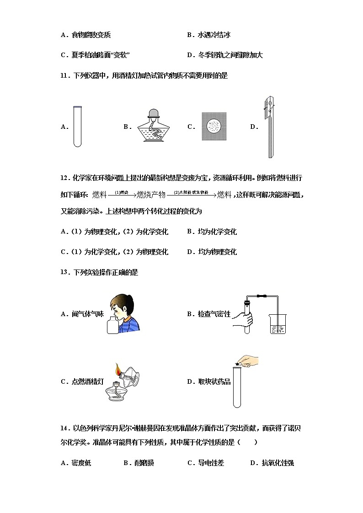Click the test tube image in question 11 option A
(x=77, y=127)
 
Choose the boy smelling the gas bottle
(x=123, y=314)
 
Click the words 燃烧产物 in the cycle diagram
(x=152, y=195)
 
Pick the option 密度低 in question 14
(x=81, y=463)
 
